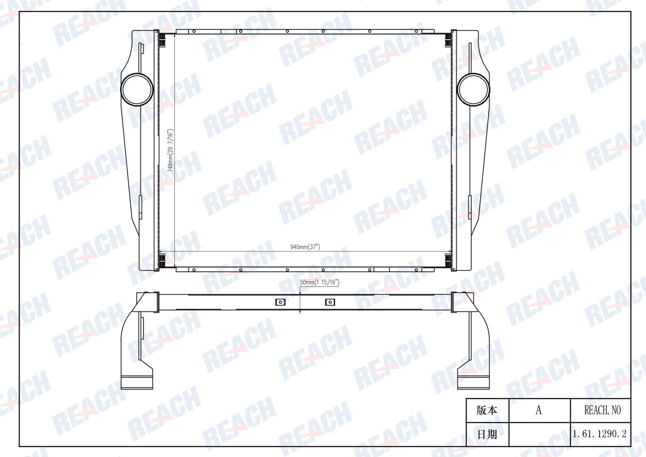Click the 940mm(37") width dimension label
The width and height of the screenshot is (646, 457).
[x=305, y=247]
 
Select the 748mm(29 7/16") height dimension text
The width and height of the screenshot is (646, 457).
[x=170, y=150]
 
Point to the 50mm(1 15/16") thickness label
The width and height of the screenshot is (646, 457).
[x=320, y=282]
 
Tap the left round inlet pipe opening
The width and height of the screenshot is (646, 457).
[x=137, y=90]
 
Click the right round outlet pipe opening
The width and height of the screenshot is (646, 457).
[x=473, y=90]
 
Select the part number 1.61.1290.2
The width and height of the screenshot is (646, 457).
[x=599, y=434]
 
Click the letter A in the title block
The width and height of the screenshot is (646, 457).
[x=539, y=410]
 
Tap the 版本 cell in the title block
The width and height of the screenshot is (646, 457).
[x=487, y=411]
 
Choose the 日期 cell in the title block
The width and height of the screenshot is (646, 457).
[x=487, y=434]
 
